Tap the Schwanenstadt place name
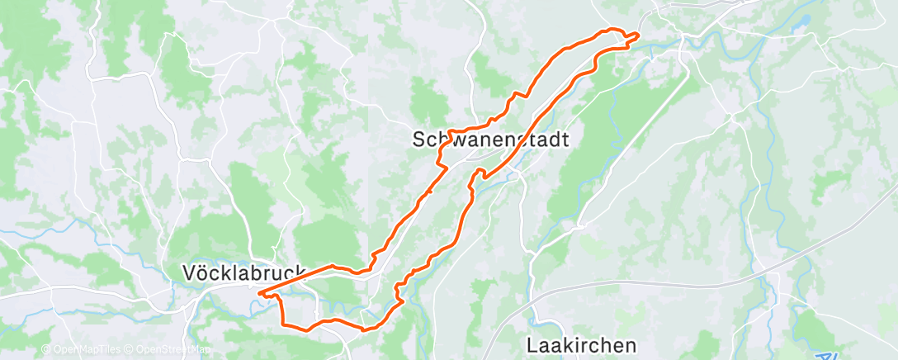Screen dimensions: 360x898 (x=490, y=140)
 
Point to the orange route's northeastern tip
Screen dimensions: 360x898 (x=638, y=34)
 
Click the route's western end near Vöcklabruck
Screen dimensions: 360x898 (x=259, y=292)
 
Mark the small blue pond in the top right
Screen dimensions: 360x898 (x=798, y=26)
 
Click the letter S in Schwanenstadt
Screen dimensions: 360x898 (x=418, y=140)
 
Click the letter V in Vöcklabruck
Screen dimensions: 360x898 (x=188, y=271)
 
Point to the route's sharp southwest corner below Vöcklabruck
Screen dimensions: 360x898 (x=285, y=324)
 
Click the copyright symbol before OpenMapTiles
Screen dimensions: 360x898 (x=46, y=350)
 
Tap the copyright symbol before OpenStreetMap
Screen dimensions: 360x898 (x=130, y=350)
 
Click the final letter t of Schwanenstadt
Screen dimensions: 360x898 (x=565, y=140)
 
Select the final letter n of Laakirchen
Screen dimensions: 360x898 (x=632, y=344)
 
